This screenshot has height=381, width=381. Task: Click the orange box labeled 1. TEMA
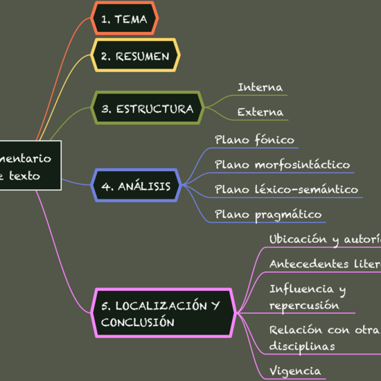tap(125, 19)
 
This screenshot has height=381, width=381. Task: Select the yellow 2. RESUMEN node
tap(135, 56)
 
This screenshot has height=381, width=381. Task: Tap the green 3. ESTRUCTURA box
tap(147, 109)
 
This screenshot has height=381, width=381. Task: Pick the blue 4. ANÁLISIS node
tap(136, 186)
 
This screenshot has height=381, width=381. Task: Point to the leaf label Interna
tap(260, 87)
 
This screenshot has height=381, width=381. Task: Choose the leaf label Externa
tap(260, 112)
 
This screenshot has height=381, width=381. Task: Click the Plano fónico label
tap(254, 140)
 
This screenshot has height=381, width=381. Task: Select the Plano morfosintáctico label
tap(282, 164)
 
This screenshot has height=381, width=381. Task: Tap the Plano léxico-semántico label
tap(286, 189)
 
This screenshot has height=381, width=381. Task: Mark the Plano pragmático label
tap(268, 214)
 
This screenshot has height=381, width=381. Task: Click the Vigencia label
tap(294, 371)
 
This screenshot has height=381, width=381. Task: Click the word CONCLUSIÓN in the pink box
tap(137, 323)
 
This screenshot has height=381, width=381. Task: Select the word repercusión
tap(304, 305)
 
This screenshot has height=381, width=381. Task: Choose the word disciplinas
tap(301, 346)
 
